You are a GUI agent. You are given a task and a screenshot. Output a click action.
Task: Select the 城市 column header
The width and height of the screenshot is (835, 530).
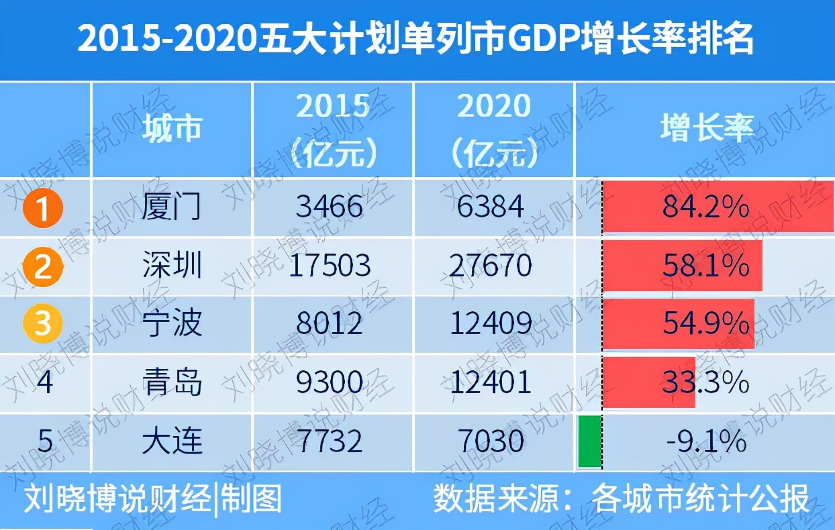(x=172, y=129)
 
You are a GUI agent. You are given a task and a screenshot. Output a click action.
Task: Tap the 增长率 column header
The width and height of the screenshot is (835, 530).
(x=707, y=129)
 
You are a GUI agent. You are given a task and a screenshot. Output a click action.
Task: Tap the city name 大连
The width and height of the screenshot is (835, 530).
(x=172, y=441)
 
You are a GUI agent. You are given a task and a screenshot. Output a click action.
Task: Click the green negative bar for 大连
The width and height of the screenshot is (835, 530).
(x=589, y=441)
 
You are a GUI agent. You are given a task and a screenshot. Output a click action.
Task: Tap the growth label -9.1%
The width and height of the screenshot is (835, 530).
(x=705, y=441)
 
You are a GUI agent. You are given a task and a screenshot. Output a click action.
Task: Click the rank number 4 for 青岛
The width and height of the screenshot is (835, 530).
(x=44, y=383)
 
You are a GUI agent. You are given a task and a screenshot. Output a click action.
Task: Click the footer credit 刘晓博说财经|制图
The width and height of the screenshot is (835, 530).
(x=153, y=500)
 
